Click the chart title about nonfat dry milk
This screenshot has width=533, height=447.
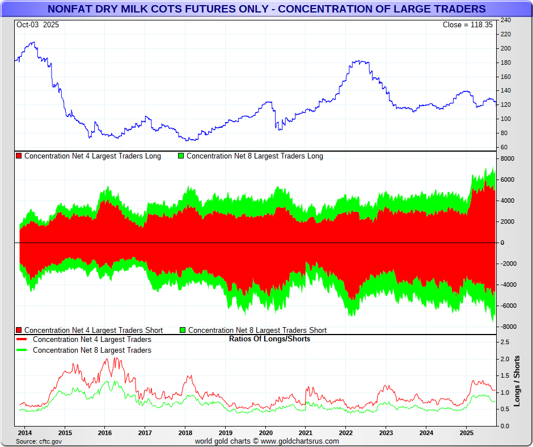point(266,9)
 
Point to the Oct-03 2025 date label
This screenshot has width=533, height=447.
point(37,25)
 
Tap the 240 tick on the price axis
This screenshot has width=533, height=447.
point(505,20)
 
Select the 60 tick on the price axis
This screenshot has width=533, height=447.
point(504,147)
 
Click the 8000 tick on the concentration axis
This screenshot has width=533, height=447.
point(507,159)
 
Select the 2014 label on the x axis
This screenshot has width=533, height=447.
point(24,432)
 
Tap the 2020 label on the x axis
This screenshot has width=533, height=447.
point(265,432)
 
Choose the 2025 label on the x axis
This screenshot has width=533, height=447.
point(466,432)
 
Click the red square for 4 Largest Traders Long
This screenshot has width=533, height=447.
point(19,156)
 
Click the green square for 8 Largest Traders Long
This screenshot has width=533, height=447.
point(181,156)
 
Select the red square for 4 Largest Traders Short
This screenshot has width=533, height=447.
point(19,330)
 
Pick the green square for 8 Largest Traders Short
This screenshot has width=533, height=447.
point(183,330)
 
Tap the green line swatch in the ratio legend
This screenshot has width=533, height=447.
point(22,350)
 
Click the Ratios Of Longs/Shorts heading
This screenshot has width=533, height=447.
point(269,339)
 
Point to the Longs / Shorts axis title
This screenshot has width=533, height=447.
point(517,381)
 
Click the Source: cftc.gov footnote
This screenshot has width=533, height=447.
point(39,441)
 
